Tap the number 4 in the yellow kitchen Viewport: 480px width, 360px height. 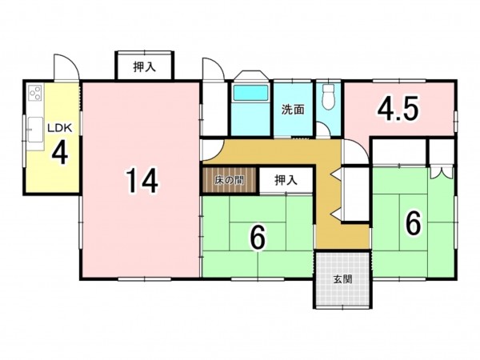58,152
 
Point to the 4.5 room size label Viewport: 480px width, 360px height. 398,109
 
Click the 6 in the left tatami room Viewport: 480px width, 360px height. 257,237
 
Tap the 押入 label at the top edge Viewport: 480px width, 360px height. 144,68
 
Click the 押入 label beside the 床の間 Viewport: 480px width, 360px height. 286,181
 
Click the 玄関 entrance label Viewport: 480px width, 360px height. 342,280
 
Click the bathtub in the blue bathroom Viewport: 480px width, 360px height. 251,94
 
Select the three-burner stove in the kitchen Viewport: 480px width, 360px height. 35,94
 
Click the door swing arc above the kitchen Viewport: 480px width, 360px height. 66,67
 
